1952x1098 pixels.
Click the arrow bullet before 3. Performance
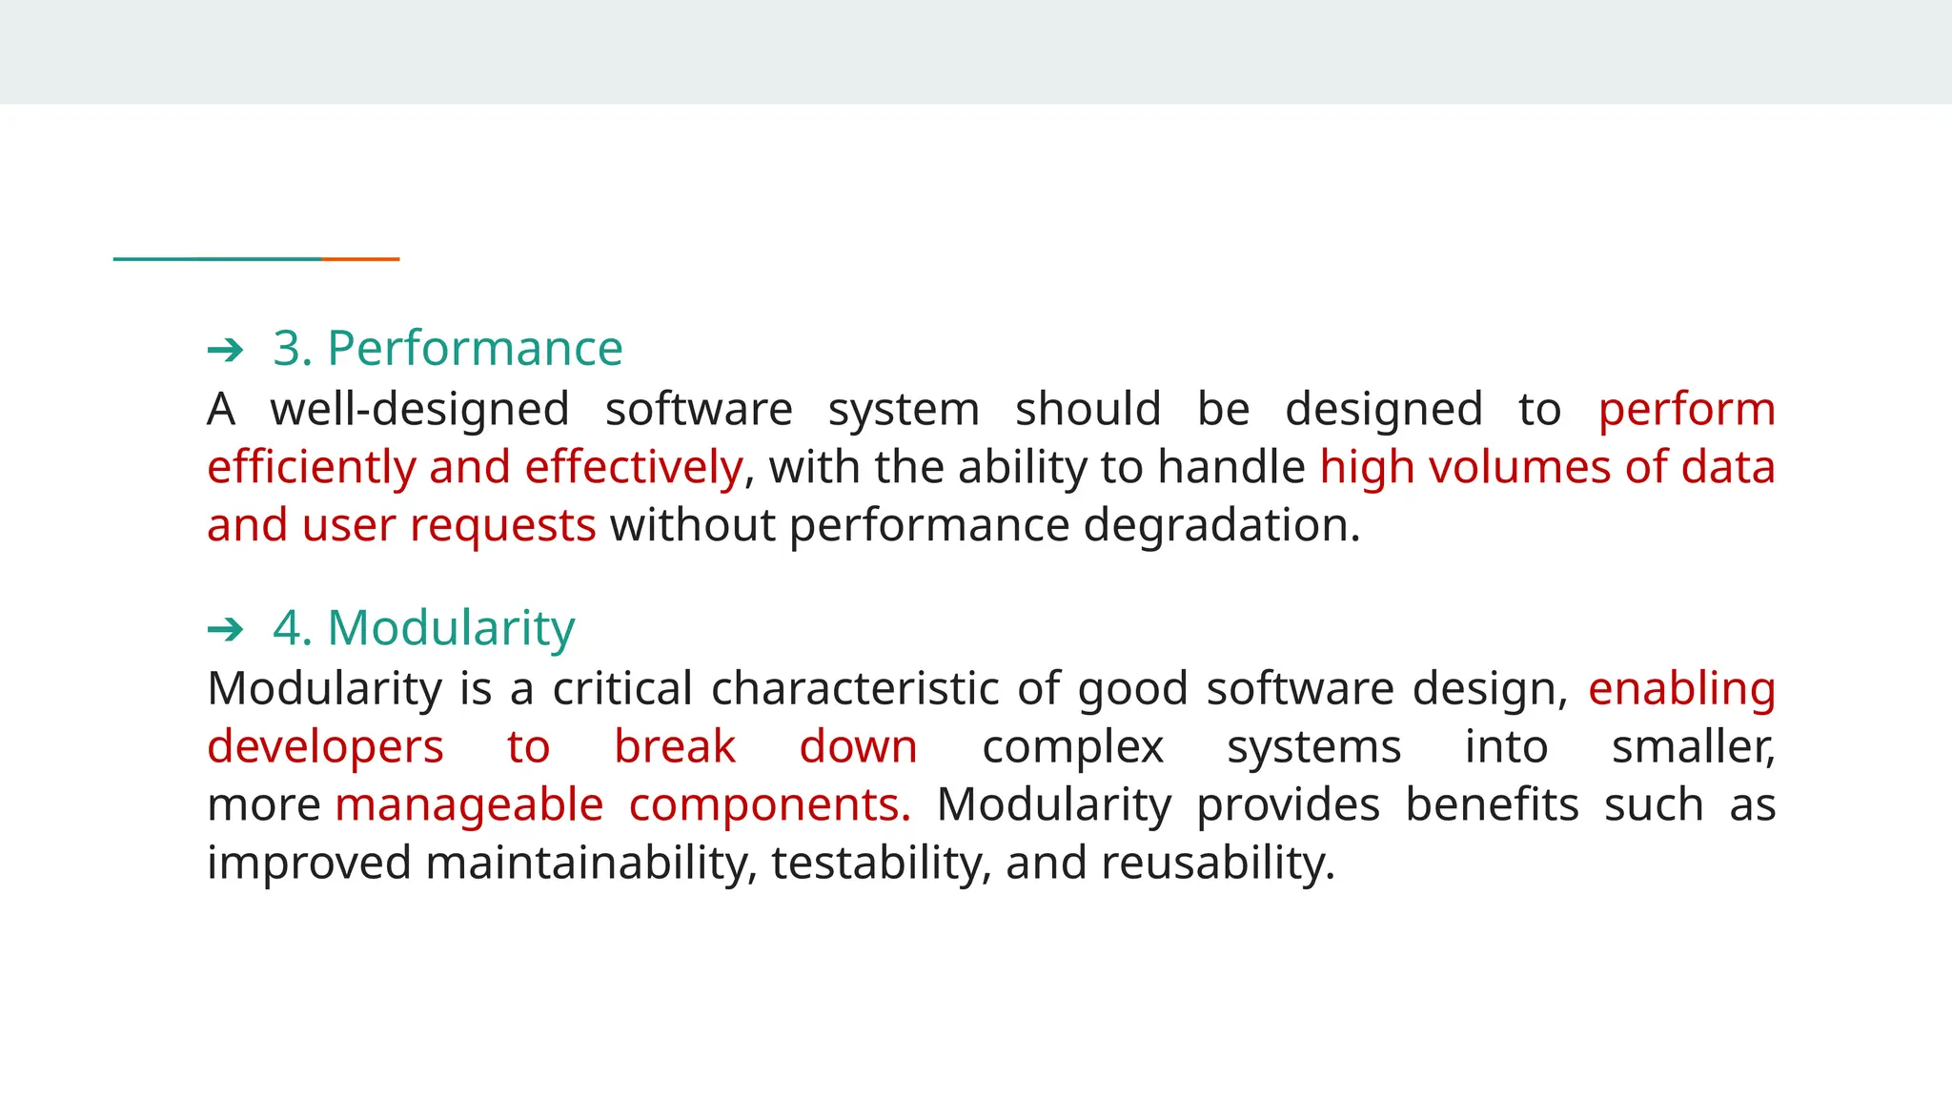pyautogui.click(x=225, y=351)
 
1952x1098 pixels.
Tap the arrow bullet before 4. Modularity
pyautogui.click(x=225, y=629)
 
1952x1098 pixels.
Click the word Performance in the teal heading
pyautogui.click(x=475, y=348)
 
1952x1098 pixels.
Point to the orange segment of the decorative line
pyautogui.click(x=360, y=258)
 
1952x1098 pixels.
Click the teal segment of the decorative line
pyautogui.click(x=217, y=258)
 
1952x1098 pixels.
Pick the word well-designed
pyautogui.click(x=419, y=410)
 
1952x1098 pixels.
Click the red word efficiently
pyautogui.click(x=312, y=468)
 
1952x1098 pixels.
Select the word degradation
pyautogui.click(x=1221, y=525)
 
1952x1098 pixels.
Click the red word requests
pyautogui.click(x=502, y=526)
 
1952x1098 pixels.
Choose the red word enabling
pyautogui.click(x=1681, y=689)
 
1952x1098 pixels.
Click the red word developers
pyautogui.click(x=325, y=746)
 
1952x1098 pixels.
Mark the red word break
pyautogui.click(x=675, y=746)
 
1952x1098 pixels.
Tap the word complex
pyautogui.click(x=1072, y=747)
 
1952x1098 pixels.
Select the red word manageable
pyautogui.click(x=469, y=805)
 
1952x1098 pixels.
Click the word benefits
pyautogui.click(x=1492, y=804)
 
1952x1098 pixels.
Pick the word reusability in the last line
pyautogui.click(x=1217, y=864)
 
